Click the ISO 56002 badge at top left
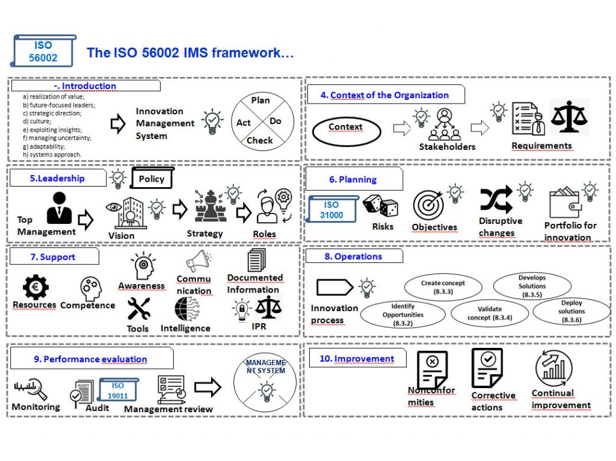pyautogui.click(x=43, y=52)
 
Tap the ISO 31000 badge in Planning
pyautogui.click(x=331, y=210)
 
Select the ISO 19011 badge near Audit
pyautogui.click(x=118, y=391)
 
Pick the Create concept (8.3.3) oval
pyautogui.click(x=443, y=287)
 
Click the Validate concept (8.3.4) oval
pyautogui.click(x=490, y=313)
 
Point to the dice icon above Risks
pyautogui.click(x=380, y=206)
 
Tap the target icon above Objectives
pyautogui.click(x=428, y=205)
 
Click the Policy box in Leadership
pyautogui.click(x=152, y=179)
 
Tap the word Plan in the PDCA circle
pyautogui.click(x=260, y=101)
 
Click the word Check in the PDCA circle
pyautogui.click(x=260, y=141)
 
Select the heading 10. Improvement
pyautogui.click(x=357, y=359)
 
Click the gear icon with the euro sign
pyautogui.click(x=35, y=287)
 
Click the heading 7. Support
pyautogui.click(x=53, y=257)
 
